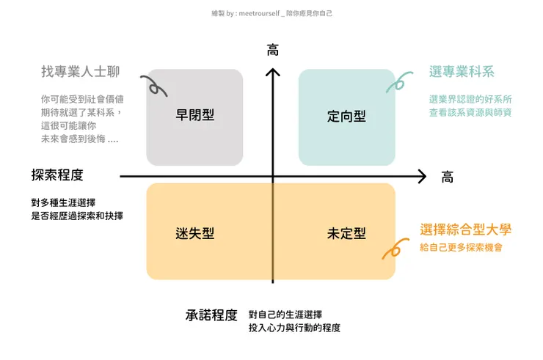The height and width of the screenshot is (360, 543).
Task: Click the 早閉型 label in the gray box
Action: [194, 115]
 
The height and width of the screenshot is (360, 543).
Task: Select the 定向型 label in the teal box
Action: [346, 116]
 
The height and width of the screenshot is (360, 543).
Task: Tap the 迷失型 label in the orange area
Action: [194, 233]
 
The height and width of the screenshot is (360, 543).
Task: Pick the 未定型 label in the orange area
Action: [346, 233]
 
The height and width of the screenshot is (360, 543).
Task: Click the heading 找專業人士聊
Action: [80, 72]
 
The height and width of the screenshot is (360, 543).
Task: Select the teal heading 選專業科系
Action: [462, 72]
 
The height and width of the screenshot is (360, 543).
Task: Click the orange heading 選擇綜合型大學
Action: [465, 229]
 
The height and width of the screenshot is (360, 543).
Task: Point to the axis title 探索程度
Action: [57, 175]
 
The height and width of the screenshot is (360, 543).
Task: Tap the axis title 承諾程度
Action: [211, 315]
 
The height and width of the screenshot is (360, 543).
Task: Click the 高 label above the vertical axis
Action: [273, 51]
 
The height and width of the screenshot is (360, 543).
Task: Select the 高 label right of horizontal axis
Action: [447, 177]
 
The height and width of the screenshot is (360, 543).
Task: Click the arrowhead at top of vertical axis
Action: [273, 71]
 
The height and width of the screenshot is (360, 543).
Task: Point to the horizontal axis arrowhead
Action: [422, 176]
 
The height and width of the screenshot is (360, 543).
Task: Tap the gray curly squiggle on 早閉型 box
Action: [156, 86]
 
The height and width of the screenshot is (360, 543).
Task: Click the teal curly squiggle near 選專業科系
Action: [397, 82]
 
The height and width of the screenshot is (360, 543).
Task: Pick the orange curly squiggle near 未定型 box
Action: [393, 249]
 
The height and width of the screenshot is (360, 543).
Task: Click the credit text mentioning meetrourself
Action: [271, 13]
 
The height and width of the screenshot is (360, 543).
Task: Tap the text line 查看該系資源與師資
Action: [470, 112]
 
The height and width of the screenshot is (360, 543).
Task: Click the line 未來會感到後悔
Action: [79, 139]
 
